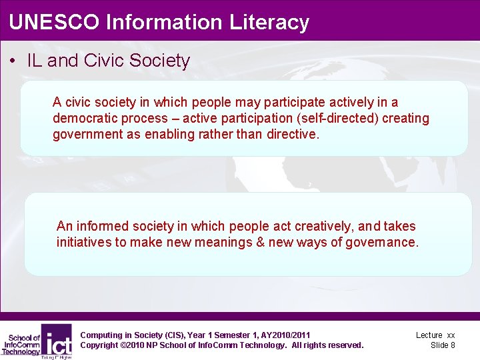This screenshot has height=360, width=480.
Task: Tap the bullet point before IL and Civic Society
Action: pos(14,61)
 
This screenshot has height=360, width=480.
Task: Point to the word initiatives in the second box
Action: pos(84,242)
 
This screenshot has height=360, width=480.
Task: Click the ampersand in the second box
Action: pos(260,242)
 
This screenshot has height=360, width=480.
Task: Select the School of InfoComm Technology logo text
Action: pos(21,343)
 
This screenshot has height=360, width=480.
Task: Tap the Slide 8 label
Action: pos(443,345)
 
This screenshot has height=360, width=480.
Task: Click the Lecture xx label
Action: pos(435,335)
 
